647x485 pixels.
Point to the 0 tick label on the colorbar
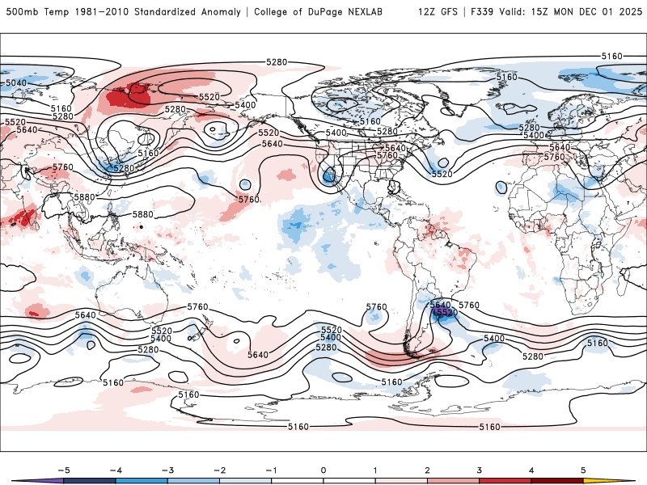323,470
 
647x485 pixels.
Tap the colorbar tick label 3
480,470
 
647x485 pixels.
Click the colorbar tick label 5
583,470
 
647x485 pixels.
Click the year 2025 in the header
628,12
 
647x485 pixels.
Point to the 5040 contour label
15,82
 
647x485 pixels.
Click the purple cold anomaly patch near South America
442,311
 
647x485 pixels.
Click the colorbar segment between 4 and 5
558,480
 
